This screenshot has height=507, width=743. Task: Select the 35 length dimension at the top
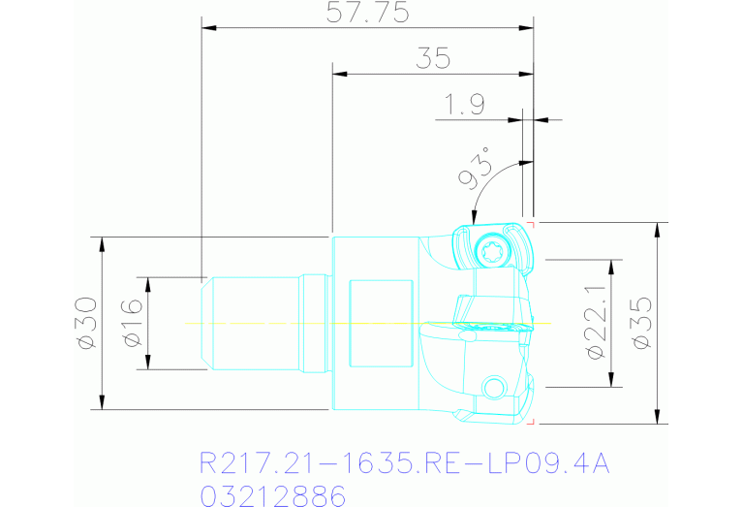433,58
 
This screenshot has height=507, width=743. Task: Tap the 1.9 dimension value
464,105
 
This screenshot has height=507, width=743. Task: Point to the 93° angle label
475,173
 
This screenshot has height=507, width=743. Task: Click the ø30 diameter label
85,323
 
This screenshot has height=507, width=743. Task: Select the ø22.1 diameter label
595,323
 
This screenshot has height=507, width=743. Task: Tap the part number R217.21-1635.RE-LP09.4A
404,463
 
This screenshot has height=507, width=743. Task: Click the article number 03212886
272,496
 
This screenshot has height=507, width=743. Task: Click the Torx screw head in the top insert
491,252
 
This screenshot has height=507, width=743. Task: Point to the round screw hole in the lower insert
493,389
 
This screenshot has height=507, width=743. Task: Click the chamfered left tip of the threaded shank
206,323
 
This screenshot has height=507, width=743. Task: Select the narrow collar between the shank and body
314,323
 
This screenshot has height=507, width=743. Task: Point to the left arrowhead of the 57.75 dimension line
206,27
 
